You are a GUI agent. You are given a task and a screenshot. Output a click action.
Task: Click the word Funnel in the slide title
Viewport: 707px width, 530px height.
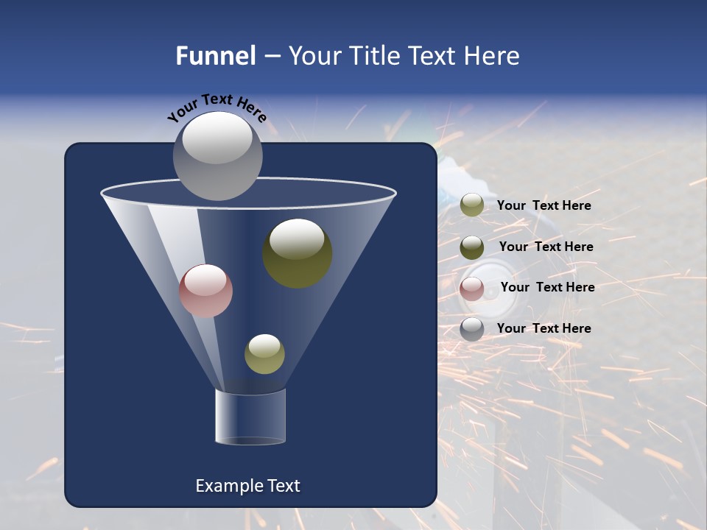click(x=215, y=56)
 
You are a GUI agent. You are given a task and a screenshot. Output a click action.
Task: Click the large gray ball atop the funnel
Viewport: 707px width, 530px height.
click(x=218, y=155)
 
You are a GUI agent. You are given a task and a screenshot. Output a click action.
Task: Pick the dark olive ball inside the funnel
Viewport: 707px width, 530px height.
click(x=298, y=253)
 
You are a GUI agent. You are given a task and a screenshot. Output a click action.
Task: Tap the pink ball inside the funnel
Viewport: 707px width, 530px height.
click(x=205, y=291)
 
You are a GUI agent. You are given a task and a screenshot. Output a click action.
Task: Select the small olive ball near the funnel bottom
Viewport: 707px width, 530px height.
click(x=264, y=354)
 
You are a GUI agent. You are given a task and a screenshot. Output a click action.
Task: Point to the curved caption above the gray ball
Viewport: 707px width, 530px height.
click(x=217, y=107)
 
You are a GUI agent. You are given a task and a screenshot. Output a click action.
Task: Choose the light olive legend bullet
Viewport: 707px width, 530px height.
click(x=472, y=205)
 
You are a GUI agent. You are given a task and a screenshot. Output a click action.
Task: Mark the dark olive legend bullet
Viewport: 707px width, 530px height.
click(x=472, y=247)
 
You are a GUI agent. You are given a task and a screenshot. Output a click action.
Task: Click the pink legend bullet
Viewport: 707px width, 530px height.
click(x=472, y=288)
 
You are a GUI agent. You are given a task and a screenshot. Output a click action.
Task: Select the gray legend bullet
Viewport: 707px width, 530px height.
click(x=472, y=328)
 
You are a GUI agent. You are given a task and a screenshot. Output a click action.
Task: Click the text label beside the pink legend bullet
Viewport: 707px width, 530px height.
click(x=547, y=287)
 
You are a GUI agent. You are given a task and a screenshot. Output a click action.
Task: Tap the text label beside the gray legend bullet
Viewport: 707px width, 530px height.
click(x=544, y=328)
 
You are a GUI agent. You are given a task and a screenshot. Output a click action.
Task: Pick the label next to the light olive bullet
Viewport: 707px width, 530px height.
click(x=544, y=205)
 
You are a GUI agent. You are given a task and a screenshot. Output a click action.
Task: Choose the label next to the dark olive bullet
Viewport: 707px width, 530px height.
click(x=546, y=247)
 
